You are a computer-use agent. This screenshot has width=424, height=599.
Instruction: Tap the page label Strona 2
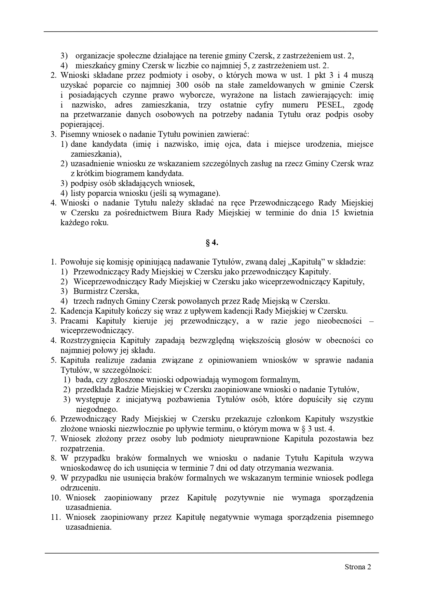point(358,567)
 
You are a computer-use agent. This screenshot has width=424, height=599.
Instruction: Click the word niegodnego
point(96,409)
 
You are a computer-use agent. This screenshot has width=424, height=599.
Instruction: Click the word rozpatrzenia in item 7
point(82,448)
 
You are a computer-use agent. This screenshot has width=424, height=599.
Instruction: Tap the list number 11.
point(56,517)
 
